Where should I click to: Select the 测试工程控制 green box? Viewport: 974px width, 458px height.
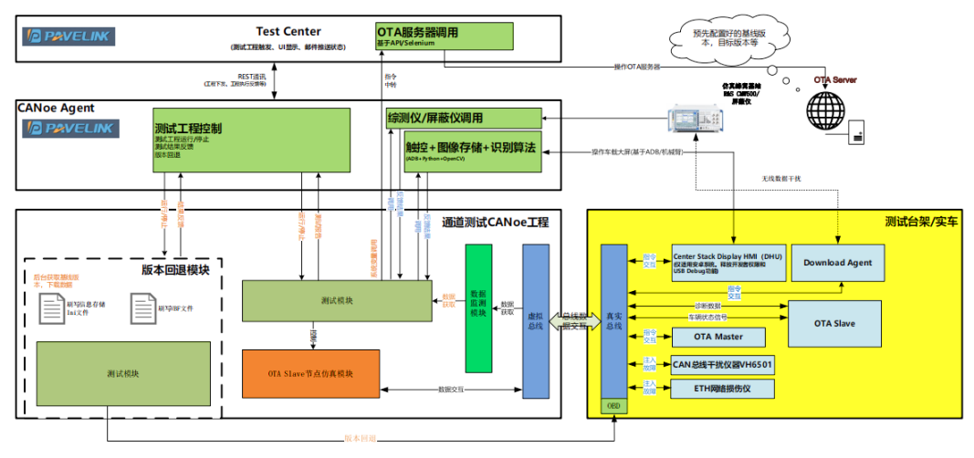pyautogui.click(x=252, y=139)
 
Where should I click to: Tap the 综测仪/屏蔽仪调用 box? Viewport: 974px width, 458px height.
pyautogui.click(x=464, y=118)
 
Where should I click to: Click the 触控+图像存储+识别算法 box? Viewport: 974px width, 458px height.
pyautogui.click(x=472, y=151)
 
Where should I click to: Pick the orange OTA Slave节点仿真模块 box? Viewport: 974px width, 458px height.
pyautogui.click(x=310, y=373)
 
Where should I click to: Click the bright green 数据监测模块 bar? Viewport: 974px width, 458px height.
pyautogui.click(x=478, y=308)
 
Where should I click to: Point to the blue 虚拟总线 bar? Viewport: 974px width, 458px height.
pyautogui.click(x=536, y=320)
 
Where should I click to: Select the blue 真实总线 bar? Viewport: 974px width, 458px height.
pyautogui.click(x=613, y=322)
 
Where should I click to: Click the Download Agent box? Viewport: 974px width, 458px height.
pyautogui.click(x=837, y=263)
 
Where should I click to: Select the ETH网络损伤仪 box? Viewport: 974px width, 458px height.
pyautogui.click(x=722, y=389)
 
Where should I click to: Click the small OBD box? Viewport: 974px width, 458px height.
pyautogui.click(x=613, y=406)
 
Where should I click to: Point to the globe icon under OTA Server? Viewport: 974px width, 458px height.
pyautogui.click(x=826, y=112)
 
